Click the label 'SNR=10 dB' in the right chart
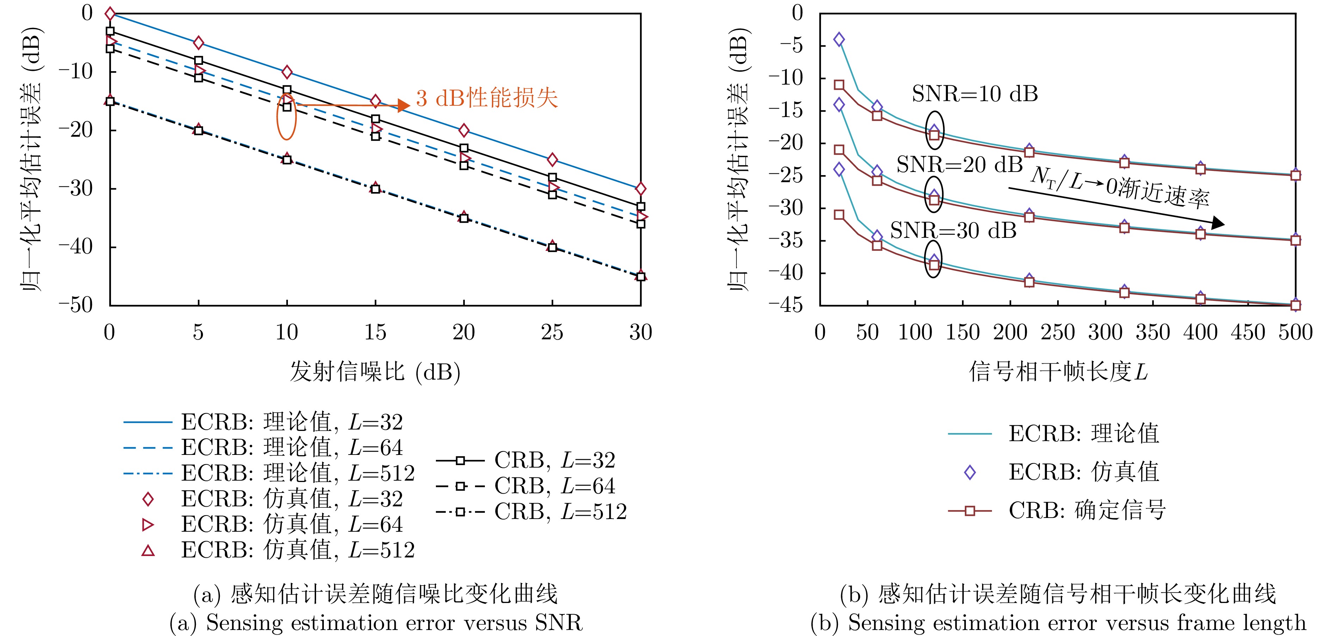tap(975, 94)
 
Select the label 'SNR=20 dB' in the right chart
tap(959, 165)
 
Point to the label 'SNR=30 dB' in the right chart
tap(953, 230)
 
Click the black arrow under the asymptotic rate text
tap(1117, 206)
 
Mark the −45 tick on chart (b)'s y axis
tap(785, 305)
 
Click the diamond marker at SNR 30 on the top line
tap(641, 189)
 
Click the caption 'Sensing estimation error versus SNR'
tap(376, 623)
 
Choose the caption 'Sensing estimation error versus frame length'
tap(1058, 623)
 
